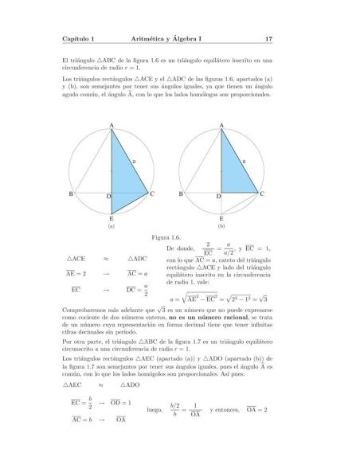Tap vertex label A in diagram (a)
click(x=112, y=125)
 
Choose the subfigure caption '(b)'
click(x=221, y=227)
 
